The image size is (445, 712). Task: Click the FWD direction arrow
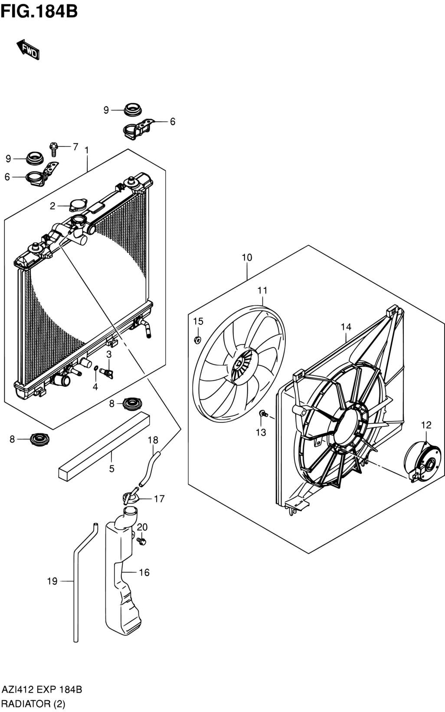pos(28,49)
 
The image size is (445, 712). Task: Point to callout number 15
pos(198,321)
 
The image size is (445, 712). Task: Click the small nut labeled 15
pos(197,340)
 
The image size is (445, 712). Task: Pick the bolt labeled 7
pos(53,149)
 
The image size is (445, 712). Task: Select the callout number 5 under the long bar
pos(111,469)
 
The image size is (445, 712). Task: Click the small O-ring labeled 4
pos(95,369)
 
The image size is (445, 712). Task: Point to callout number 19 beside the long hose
pos(52,581)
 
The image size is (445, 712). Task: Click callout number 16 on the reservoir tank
pos(144,572)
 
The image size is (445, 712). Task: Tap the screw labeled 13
pos(264,414)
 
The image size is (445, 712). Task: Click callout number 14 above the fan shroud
pos(346,326)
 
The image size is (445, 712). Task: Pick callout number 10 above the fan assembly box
pos(247,257)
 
